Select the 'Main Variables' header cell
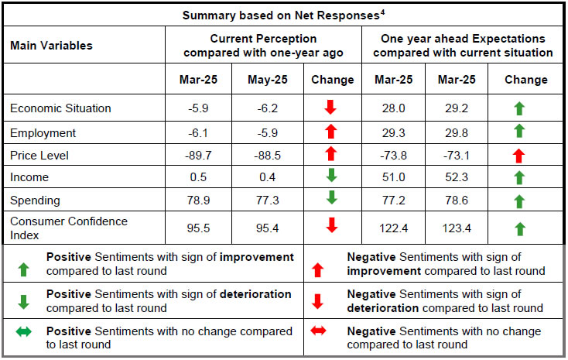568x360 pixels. pos(51,46)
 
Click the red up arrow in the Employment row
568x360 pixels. pos(331,132)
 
